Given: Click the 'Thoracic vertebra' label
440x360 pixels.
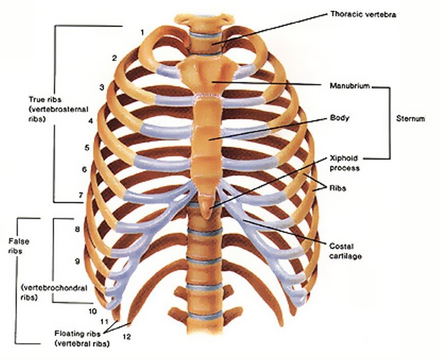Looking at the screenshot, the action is pyautogui.click(x=363, y=14).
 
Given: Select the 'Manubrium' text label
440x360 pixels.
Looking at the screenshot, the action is pyautogui.click(x=350, y=86).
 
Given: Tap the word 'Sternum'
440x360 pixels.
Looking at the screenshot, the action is pyautogui.click(x=410, y=118).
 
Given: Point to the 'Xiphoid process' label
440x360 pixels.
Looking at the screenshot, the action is pyautogui.click(x=344, y=163).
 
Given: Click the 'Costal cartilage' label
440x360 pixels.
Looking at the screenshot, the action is pyautogui.click(x=345, y=251).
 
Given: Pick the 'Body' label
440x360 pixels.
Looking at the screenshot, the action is pyautogui.click(x=340, y=118).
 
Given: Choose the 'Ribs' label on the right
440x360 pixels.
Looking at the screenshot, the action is pyautogui.click(x=338, y=188).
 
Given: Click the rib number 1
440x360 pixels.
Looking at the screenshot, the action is pyautogui.click(x=142, y=33).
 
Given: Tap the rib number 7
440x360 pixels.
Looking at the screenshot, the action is pyautogui.click(x=81, y=195).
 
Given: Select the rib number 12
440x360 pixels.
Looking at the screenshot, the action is pyautogui.click(x=126, y=337).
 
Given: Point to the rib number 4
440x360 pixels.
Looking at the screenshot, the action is pyautogui.click(x=91, y=121).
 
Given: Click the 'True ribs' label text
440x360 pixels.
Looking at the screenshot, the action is pyautogui.click(x=45, y=99).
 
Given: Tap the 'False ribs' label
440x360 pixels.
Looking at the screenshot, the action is pyautogui.click(x=19, y=246).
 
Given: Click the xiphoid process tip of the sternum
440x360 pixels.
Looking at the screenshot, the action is pyautogui.click(x=206, y=218).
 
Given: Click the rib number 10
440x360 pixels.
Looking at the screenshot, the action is pyautogui.click(x=93, y=311).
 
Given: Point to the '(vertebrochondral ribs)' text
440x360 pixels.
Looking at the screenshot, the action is pyautogui.click(x=54, y=293).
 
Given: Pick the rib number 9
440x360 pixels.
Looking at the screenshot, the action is pyautogui.click(x=77, y=261).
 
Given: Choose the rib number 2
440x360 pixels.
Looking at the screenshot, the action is pyautogui.click(x=114, y=58).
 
